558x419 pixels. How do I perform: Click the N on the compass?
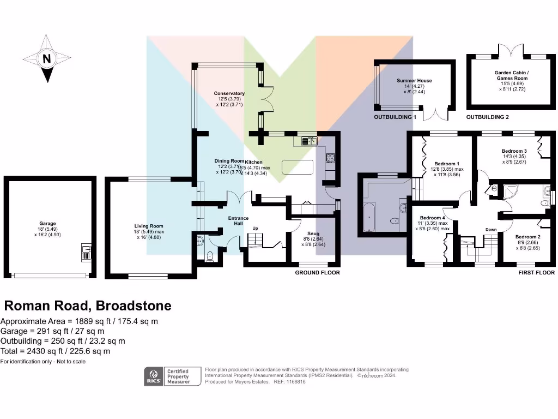pos(47,59)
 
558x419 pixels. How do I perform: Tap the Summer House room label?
pos(414,81)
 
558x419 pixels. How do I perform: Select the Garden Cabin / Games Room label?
pos(511,75)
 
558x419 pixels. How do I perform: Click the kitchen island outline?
pos(297,166)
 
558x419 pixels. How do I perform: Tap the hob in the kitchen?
pos(330,158)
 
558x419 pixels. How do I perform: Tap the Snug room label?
pos(313,232)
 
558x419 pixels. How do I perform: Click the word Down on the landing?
pos(491,230)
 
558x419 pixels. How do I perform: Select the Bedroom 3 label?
pos(514,151)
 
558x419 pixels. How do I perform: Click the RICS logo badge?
pos(153,376)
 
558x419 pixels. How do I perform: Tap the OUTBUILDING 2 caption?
pos(488,117)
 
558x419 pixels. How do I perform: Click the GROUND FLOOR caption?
pos(317,272)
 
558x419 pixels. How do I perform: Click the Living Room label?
pos(149,226)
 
